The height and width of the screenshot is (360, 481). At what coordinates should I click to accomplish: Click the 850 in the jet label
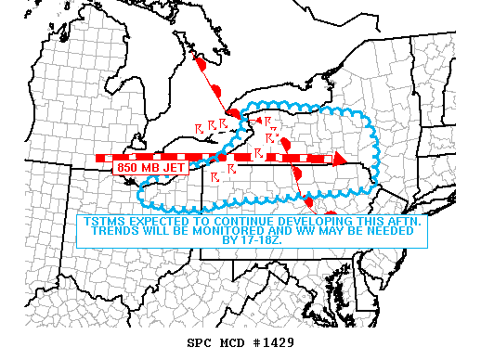pos(128,168)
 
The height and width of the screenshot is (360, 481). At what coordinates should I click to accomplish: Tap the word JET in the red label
pos(174,168)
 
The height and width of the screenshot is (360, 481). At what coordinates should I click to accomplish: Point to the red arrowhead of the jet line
pos(340,159)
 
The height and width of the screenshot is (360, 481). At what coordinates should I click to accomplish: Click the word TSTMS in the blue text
pos(103,223)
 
